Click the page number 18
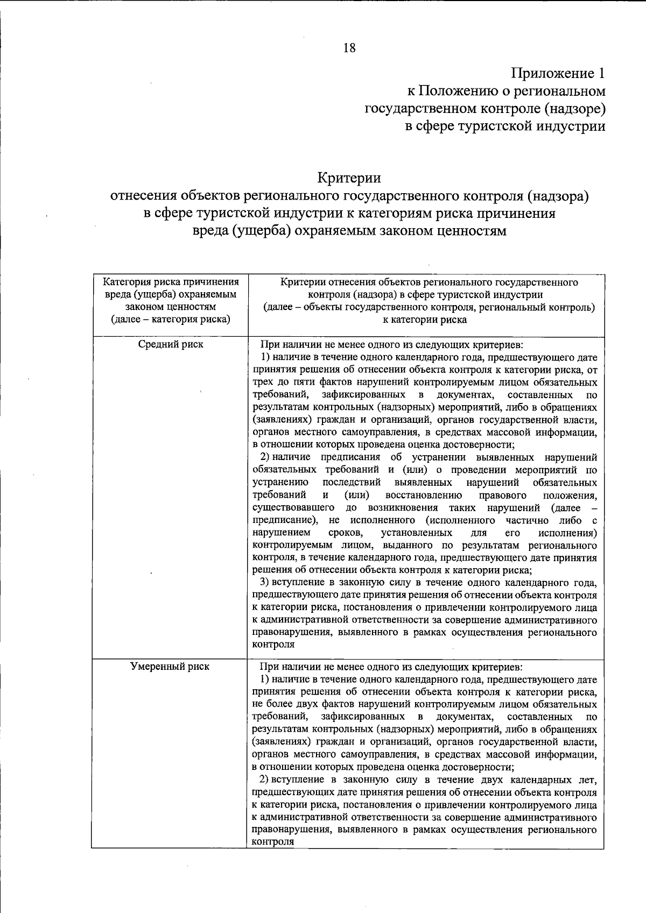pos(349,48)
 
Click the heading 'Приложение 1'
pos(558,73)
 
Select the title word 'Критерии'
pos(349,178)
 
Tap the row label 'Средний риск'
pos(171,344)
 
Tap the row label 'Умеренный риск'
pos(171,667)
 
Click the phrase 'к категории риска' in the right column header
pos(425,320)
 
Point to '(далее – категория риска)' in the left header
pos(171,320)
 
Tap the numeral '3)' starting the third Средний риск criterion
pos(265,582)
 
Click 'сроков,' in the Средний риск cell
pos(345,533)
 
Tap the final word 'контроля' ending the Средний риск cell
pos(273,645)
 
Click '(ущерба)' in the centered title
pos(258,231)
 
